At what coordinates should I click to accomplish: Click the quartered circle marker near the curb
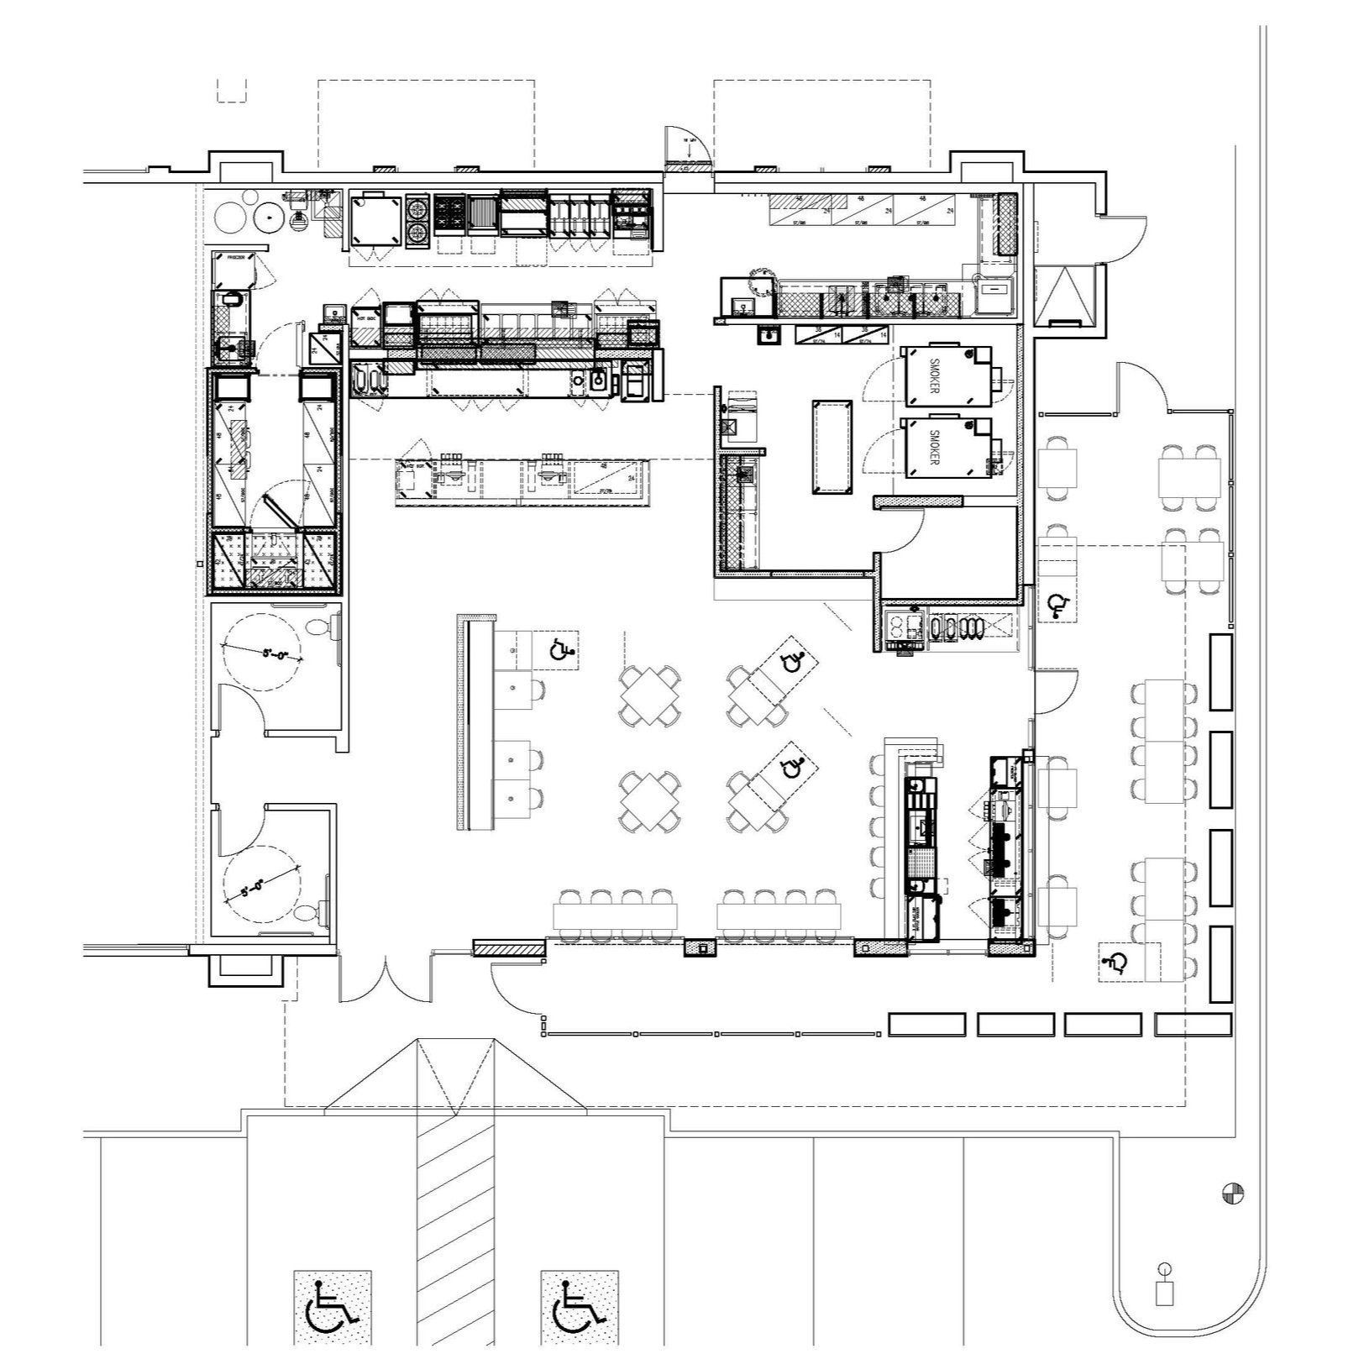point(1234,1193)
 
